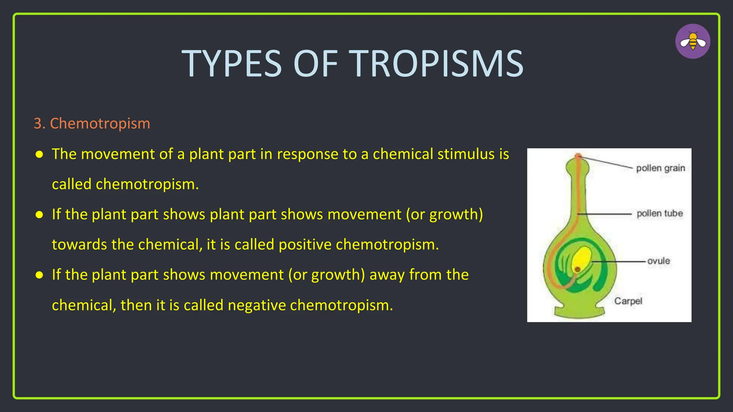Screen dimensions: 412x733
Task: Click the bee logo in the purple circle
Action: [693, 41]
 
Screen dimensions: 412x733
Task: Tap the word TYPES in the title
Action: [232, 64]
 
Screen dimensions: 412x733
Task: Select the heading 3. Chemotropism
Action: [92, 123]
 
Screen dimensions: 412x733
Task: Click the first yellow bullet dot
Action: [39, 154]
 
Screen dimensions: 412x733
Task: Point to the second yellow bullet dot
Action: [39, 215]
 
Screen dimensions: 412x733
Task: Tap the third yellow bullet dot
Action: [39, 275]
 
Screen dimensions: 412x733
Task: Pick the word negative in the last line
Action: [257, 305]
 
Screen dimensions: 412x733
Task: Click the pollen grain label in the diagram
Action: [660, 168]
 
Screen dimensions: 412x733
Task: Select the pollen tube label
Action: [659, 214]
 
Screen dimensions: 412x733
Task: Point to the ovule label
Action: [658, 261]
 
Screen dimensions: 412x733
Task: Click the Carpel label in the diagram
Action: [628, 301]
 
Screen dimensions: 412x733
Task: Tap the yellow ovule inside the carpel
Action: [582, 258]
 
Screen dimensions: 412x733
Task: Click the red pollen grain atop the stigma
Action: [578, 156]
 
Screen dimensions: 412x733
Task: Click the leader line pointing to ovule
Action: [619, 261]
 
